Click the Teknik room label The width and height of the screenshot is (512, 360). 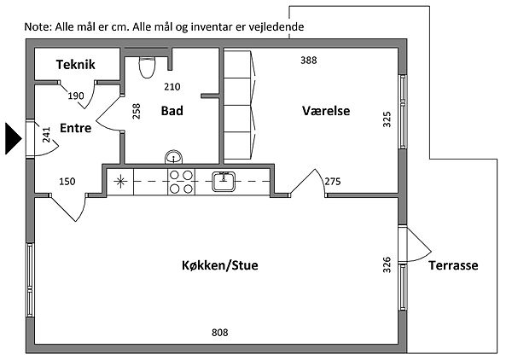point(75,65)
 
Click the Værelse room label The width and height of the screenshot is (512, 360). point(327,111)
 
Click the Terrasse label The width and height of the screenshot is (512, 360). point(453,265)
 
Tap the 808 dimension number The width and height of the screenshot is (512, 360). point(220,332)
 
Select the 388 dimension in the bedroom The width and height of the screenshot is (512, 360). point(309,60)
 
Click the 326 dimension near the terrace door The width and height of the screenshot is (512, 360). point(387,266)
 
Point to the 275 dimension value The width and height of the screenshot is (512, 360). point(333,181)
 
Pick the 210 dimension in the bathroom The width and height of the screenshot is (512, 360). point(172,86)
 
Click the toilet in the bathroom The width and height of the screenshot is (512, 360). point(146,66)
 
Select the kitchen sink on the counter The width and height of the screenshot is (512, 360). point(225,179)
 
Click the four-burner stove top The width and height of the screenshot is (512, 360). point(180,181)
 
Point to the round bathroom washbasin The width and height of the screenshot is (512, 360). point(175,157)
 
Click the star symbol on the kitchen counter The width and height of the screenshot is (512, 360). point(120,180)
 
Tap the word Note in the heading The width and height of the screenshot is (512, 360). point(38,26)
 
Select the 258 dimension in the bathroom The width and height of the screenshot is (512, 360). point(137,112)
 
